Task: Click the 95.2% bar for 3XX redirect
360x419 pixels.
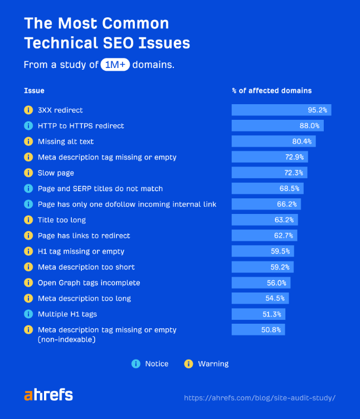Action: tap(281, 110)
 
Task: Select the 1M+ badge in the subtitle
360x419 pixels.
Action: tap(115, 65)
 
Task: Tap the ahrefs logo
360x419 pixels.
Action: tap(48, 395)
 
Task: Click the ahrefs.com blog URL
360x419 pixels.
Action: tap(259, 398)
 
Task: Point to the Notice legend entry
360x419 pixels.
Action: tap(150, 364)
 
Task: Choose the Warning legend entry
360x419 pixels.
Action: tap(207, 364)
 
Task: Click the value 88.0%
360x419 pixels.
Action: tap(310, 126)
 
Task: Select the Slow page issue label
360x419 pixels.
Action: tap(56, 173)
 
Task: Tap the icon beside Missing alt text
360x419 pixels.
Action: tap(28, 142)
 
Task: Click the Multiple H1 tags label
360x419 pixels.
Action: tap(67, 314)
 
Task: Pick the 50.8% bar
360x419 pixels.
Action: tap(258, 330)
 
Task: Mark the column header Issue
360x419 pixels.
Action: tap(34, 90)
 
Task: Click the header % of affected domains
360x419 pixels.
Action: tap(271, 90)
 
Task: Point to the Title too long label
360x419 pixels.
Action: tap(62, 220)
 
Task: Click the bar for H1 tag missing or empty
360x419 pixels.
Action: tap(262, 251)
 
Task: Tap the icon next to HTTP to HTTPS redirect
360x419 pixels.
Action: tap(28, 126)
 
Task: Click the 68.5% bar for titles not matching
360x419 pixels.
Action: tap(267, 188)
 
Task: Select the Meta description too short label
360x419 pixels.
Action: tap(86, 267)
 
